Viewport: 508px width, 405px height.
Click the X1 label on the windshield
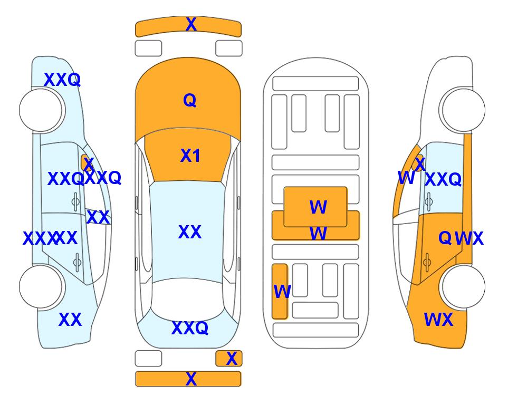click(190, 156)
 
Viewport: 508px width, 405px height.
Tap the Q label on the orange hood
click(190, 100)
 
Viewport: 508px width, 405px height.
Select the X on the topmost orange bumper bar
click(191, 24)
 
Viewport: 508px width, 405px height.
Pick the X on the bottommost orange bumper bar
click(191, 379)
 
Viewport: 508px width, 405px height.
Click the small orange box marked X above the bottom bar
click(231, 359)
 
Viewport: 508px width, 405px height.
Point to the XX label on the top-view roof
click(190, 232)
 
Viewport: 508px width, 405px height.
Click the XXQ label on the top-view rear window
click(190, 328)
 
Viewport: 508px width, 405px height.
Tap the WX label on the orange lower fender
click(438, 320)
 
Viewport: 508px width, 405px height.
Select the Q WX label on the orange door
click(461, 238)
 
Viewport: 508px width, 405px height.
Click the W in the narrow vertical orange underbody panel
click(282, 291)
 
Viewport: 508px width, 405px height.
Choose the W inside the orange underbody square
click(318, 207)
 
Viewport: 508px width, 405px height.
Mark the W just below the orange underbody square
click(318, 233)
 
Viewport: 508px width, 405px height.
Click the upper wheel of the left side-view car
click(41, 110)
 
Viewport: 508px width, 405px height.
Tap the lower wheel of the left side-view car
click(41, 286)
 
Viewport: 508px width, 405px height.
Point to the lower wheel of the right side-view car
click(463, 286)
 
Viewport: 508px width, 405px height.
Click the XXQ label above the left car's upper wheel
click(62, 80)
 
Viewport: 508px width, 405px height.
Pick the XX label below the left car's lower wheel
click(70, 320)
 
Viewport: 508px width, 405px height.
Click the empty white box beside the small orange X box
click(148, 359)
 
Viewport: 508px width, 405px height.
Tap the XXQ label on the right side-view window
click(443, 180)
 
